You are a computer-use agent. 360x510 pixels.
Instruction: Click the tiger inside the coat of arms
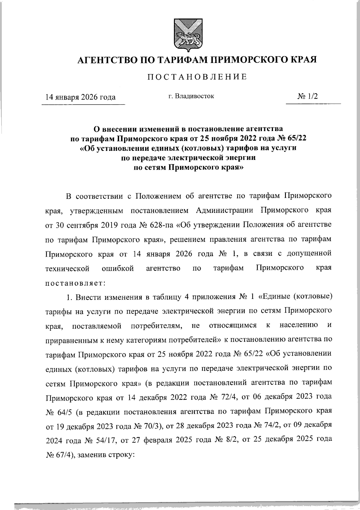[185, 37]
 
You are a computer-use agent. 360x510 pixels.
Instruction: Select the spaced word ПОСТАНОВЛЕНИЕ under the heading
[197, 77]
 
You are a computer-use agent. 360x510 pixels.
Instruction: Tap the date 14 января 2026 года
[80, 97]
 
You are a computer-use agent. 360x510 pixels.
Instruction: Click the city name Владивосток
[195, 97]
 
